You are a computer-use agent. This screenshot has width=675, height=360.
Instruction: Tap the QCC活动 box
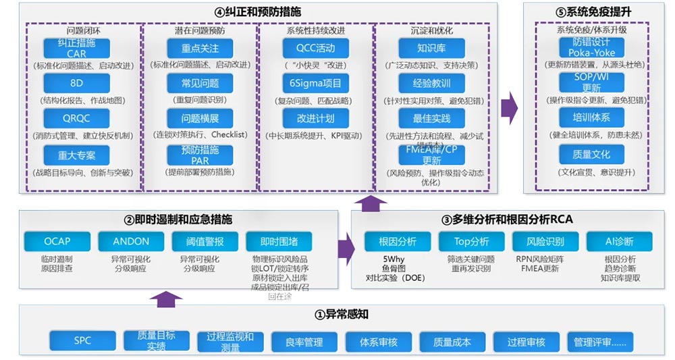tap(315, 49)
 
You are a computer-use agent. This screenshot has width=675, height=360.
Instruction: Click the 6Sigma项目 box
tap(315, 84)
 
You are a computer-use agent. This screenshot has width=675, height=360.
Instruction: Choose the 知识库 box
tap(430, 49)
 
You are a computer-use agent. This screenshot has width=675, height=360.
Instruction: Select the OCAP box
tap(57, 241)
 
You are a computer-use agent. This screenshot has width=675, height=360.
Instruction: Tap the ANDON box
tap(131, 241)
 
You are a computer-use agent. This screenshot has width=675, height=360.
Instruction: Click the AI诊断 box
tap(619, 241)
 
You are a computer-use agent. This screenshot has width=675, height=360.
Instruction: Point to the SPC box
tap(82, 341)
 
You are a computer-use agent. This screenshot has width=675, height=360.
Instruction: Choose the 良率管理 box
tap(304, 342)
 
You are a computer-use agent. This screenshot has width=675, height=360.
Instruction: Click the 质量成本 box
tap(452, 342)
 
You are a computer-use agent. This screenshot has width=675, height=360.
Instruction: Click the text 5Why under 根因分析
tap(394, 258)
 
